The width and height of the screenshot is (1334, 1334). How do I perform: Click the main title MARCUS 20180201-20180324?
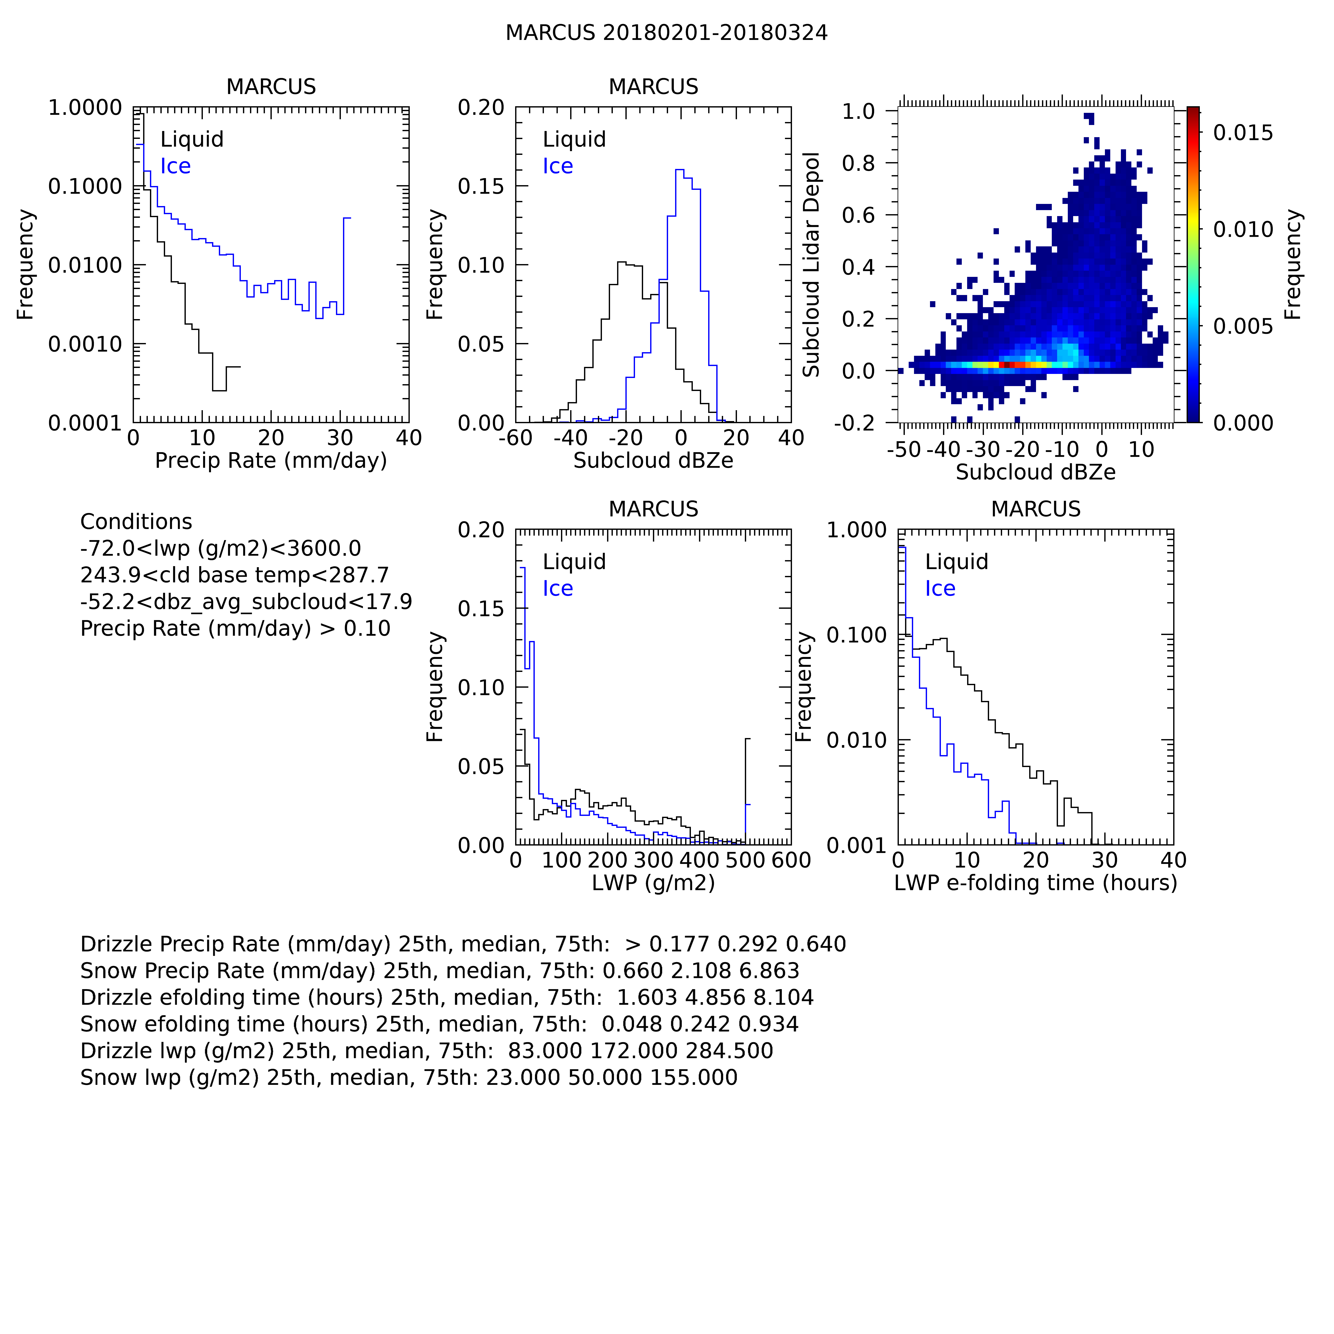[x=666, y=33]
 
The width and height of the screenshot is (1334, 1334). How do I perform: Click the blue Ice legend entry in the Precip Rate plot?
[x=175, y=166]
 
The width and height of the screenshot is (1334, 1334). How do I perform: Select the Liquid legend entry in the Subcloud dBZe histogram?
[x=574, y=140]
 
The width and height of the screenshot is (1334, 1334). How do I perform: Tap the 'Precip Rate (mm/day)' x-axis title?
[x=271, y=461]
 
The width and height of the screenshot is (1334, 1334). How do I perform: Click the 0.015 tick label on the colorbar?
[x=1243, y=133]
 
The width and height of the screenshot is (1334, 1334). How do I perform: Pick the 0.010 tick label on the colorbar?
[x=1243, y=229]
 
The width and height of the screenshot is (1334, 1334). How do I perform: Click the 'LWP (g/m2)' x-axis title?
[x=653, y=883]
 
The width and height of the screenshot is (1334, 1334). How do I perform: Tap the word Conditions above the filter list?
[x=136, y=522]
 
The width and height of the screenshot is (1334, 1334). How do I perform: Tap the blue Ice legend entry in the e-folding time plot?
[x=940, y=589]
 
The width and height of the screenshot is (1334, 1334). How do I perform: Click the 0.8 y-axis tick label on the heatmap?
[x=858, y=164]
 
